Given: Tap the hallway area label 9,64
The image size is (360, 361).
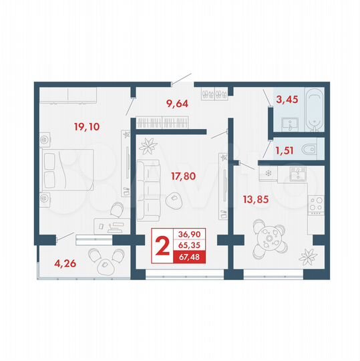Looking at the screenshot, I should [176, 104].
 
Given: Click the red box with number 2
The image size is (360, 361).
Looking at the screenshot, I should [161, 246].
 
